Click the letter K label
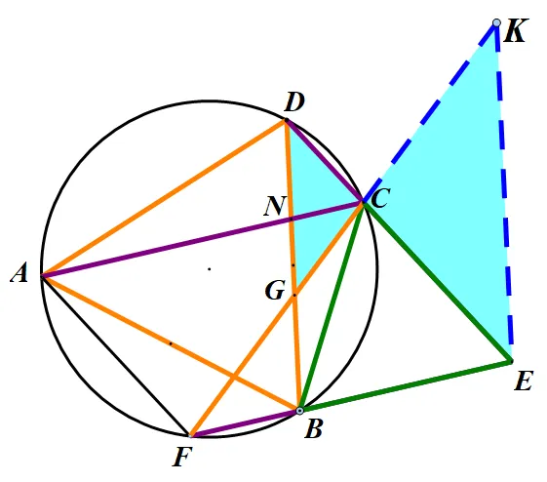click(x=514, y=30)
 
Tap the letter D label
click(x=294, y=102)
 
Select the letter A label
click(x=20, y=272)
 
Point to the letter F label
click(x=182, y=457)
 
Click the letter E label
click(x=524, y=381)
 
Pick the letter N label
click(x=275, y=206)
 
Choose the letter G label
click(x=275, y=291)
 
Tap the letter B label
click(x=314, y=428)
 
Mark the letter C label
click(x=380, y=198)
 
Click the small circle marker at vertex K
click(x=496, y=23)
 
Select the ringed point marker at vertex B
click(x=299, y=411)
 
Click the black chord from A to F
click(x=116, y=356)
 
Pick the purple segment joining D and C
click(x=325, y=161)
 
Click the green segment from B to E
click(x=406, y=385)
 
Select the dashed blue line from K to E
click(x=504, y=192)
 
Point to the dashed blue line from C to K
click(x=430, y=112)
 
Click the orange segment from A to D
click(x=164, y=198)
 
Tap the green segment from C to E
click(x=438, y=281)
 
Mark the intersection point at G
click(x=294, y=296)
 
